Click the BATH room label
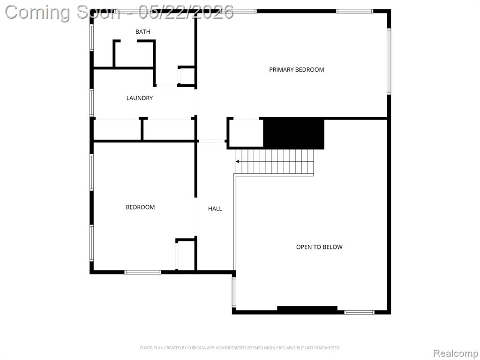pyautogui.click(x=142, y=31)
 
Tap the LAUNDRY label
pyautogui.click(x=140, y=98)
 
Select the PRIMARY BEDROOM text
pyautogui.click(x=296, y=69)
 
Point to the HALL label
pyautogui.click(x=215, y=209)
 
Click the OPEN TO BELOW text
pyautogui.click(x=319, y=247)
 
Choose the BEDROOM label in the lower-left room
pyautogui.click(x=140, y=207)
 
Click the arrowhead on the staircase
pyautogui.click(x=238, y=161)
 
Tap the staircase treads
pyautogui.click(x=275, y=161)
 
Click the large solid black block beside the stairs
pyautogui.click(x=293, y=134)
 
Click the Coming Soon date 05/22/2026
pyautogui.click(x=186, y=13)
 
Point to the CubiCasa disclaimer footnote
pyautogui.click(x=240, y=348)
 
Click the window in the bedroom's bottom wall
pyautogui.click(x=142, y=272)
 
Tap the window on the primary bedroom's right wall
pyautogui.click(x=389, y=61)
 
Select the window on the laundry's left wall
pyautogui.click(x=91, y=103)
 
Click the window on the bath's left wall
pyautogui.click(x=91, y=37)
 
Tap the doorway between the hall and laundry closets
pyautogui.click(x=211, y=141)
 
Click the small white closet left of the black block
pyautogui.click(x=246, y=133)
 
